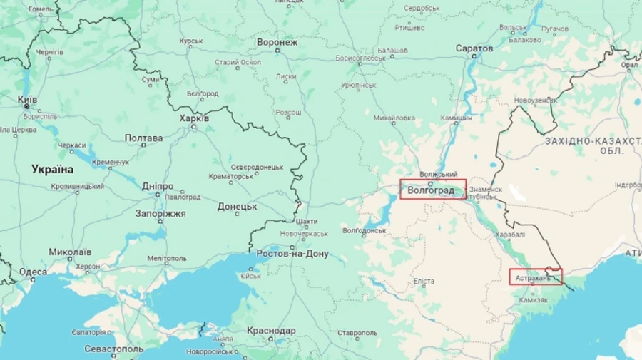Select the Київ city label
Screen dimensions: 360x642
click(27, 99)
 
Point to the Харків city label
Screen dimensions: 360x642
click(194, 118)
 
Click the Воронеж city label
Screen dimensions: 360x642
click(277, 43)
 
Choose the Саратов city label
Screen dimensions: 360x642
click(474, 48)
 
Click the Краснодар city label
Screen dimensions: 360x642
click(271, 331)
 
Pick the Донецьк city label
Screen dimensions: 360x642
click(237, 206)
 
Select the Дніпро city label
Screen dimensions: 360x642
click(157, 186)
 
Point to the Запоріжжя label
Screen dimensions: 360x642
click(160, 213)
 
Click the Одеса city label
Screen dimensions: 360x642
click(33, 272)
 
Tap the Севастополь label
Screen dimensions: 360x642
click(113, 349)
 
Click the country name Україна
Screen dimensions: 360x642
click(52, 170)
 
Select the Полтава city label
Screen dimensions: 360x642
click(144, 138)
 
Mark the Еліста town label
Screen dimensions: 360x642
click(423, 281)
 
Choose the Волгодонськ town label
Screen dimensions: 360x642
click(364, 230)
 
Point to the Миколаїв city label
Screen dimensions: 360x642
click(70, 252)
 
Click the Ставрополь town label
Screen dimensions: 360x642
click(357, 333)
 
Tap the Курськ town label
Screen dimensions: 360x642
click(191, 41)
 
